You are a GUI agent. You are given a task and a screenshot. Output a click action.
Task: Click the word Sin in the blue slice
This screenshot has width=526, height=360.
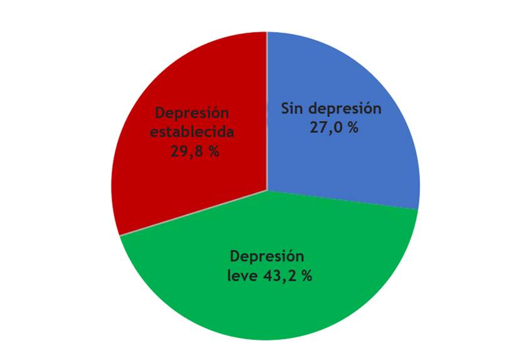(x=292, y=108)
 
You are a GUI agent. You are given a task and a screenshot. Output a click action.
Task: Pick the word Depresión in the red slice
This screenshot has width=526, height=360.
(x=192, y=114)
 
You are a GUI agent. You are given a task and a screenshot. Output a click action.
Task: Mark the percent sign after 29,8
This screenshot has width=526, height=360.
(x=213, y=151)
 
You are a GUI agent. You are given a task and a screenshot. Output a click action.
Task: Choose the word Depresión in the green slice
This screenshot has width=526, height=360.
(x=266, y=257)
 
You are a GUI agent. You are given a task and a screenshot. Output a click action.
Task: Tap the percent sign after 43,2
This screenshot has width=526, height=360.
(x=305, y=275)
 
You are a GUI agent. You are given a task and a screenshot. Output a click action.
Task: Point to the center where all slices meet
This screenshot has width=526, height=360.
(x=267, y=189)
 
